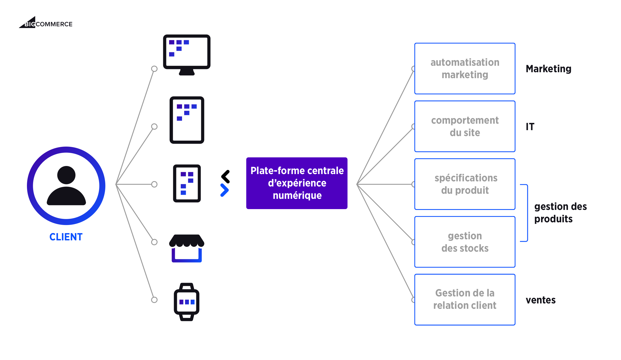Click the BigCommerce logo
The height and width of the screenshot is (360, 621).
tap(46, 23)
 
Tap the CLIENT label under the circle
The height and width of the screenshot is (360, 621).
tap(66, 237)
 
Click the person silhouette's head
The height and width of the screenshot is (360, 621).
tap(66, 175)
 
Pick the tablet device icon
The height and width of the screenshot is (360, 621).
tap(187, 120)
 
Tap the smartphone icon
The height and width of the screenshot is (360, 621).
tap(187, 184)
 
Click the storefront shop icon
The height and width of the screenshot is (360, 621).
tap(187, 248)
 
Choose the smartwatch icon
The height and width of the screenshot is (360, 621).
tap(187, 302)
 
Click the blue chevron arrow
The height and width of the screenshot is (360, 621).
tap(224, 190)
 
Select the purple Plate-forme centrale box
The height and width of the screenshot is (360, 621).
tap(297, 183)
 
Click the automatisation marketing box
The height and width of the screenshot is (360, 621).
tap(465, 68)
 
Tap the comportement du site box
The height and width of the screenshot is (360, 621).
tap(465, 126)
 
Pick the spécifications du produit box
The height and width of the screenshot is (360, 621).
tap(465, 184)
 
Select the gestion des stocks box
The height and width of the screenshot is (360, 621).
tap(465, 242)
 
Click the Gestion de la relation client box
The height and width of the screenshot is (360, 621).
tap(465, 300)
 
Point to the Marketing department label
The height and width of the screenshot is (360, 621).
tap(548, 69)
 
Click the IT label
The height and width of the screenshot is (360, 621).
tap(530, 127)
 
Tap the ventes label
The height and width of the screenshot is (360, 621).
tap(540, 300)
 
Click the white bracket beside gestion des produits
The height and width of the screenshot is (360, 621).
tap(524, 213)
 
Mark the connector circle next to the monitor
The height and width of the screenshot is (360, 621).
tap(154, 69)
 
